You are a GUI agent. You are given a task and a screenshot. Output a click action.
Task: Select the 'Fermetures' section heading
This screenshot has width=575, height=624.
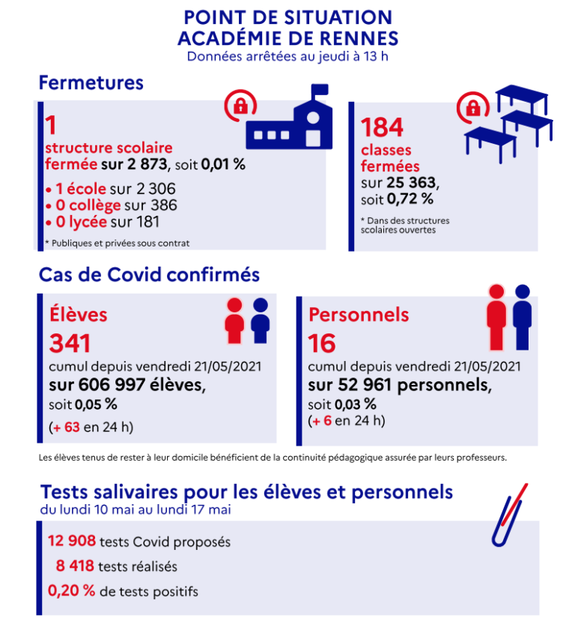(x=91, y=82)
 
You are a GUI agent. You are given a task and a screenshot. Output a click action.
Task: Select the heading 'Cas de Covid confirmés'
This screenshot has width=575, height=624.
(x=150, y=275)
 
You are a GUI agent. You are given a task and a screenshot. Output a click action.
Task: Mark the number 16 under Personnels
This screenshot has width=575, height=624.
(x=322, y=344)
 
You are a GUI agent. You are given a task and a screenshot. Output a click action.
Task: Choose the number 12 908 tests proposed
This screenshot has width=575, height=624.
(x=72, y=542)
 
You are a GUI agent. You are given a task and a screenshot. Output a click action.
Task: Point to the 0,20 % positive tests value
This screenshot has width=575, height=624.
(x=72, y=591)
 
